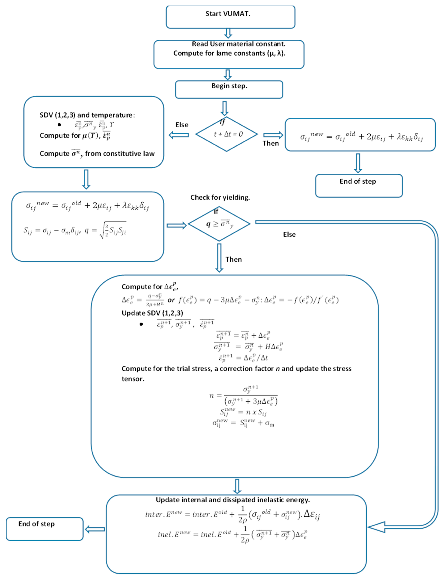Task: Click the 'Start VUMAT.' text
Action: click(228, 14)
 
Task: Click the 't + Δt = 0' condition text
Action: click(228, 134)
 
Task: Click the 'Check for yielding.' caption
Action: click(220, 197)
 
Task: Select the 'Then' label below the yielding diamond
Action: click(234, 260)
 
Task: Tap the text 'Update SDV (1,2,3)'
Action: click(152, 313)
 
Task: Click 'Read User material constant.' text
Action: click(239, 44)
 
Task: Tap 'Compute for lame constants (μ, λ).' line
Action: click(229, 53)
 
